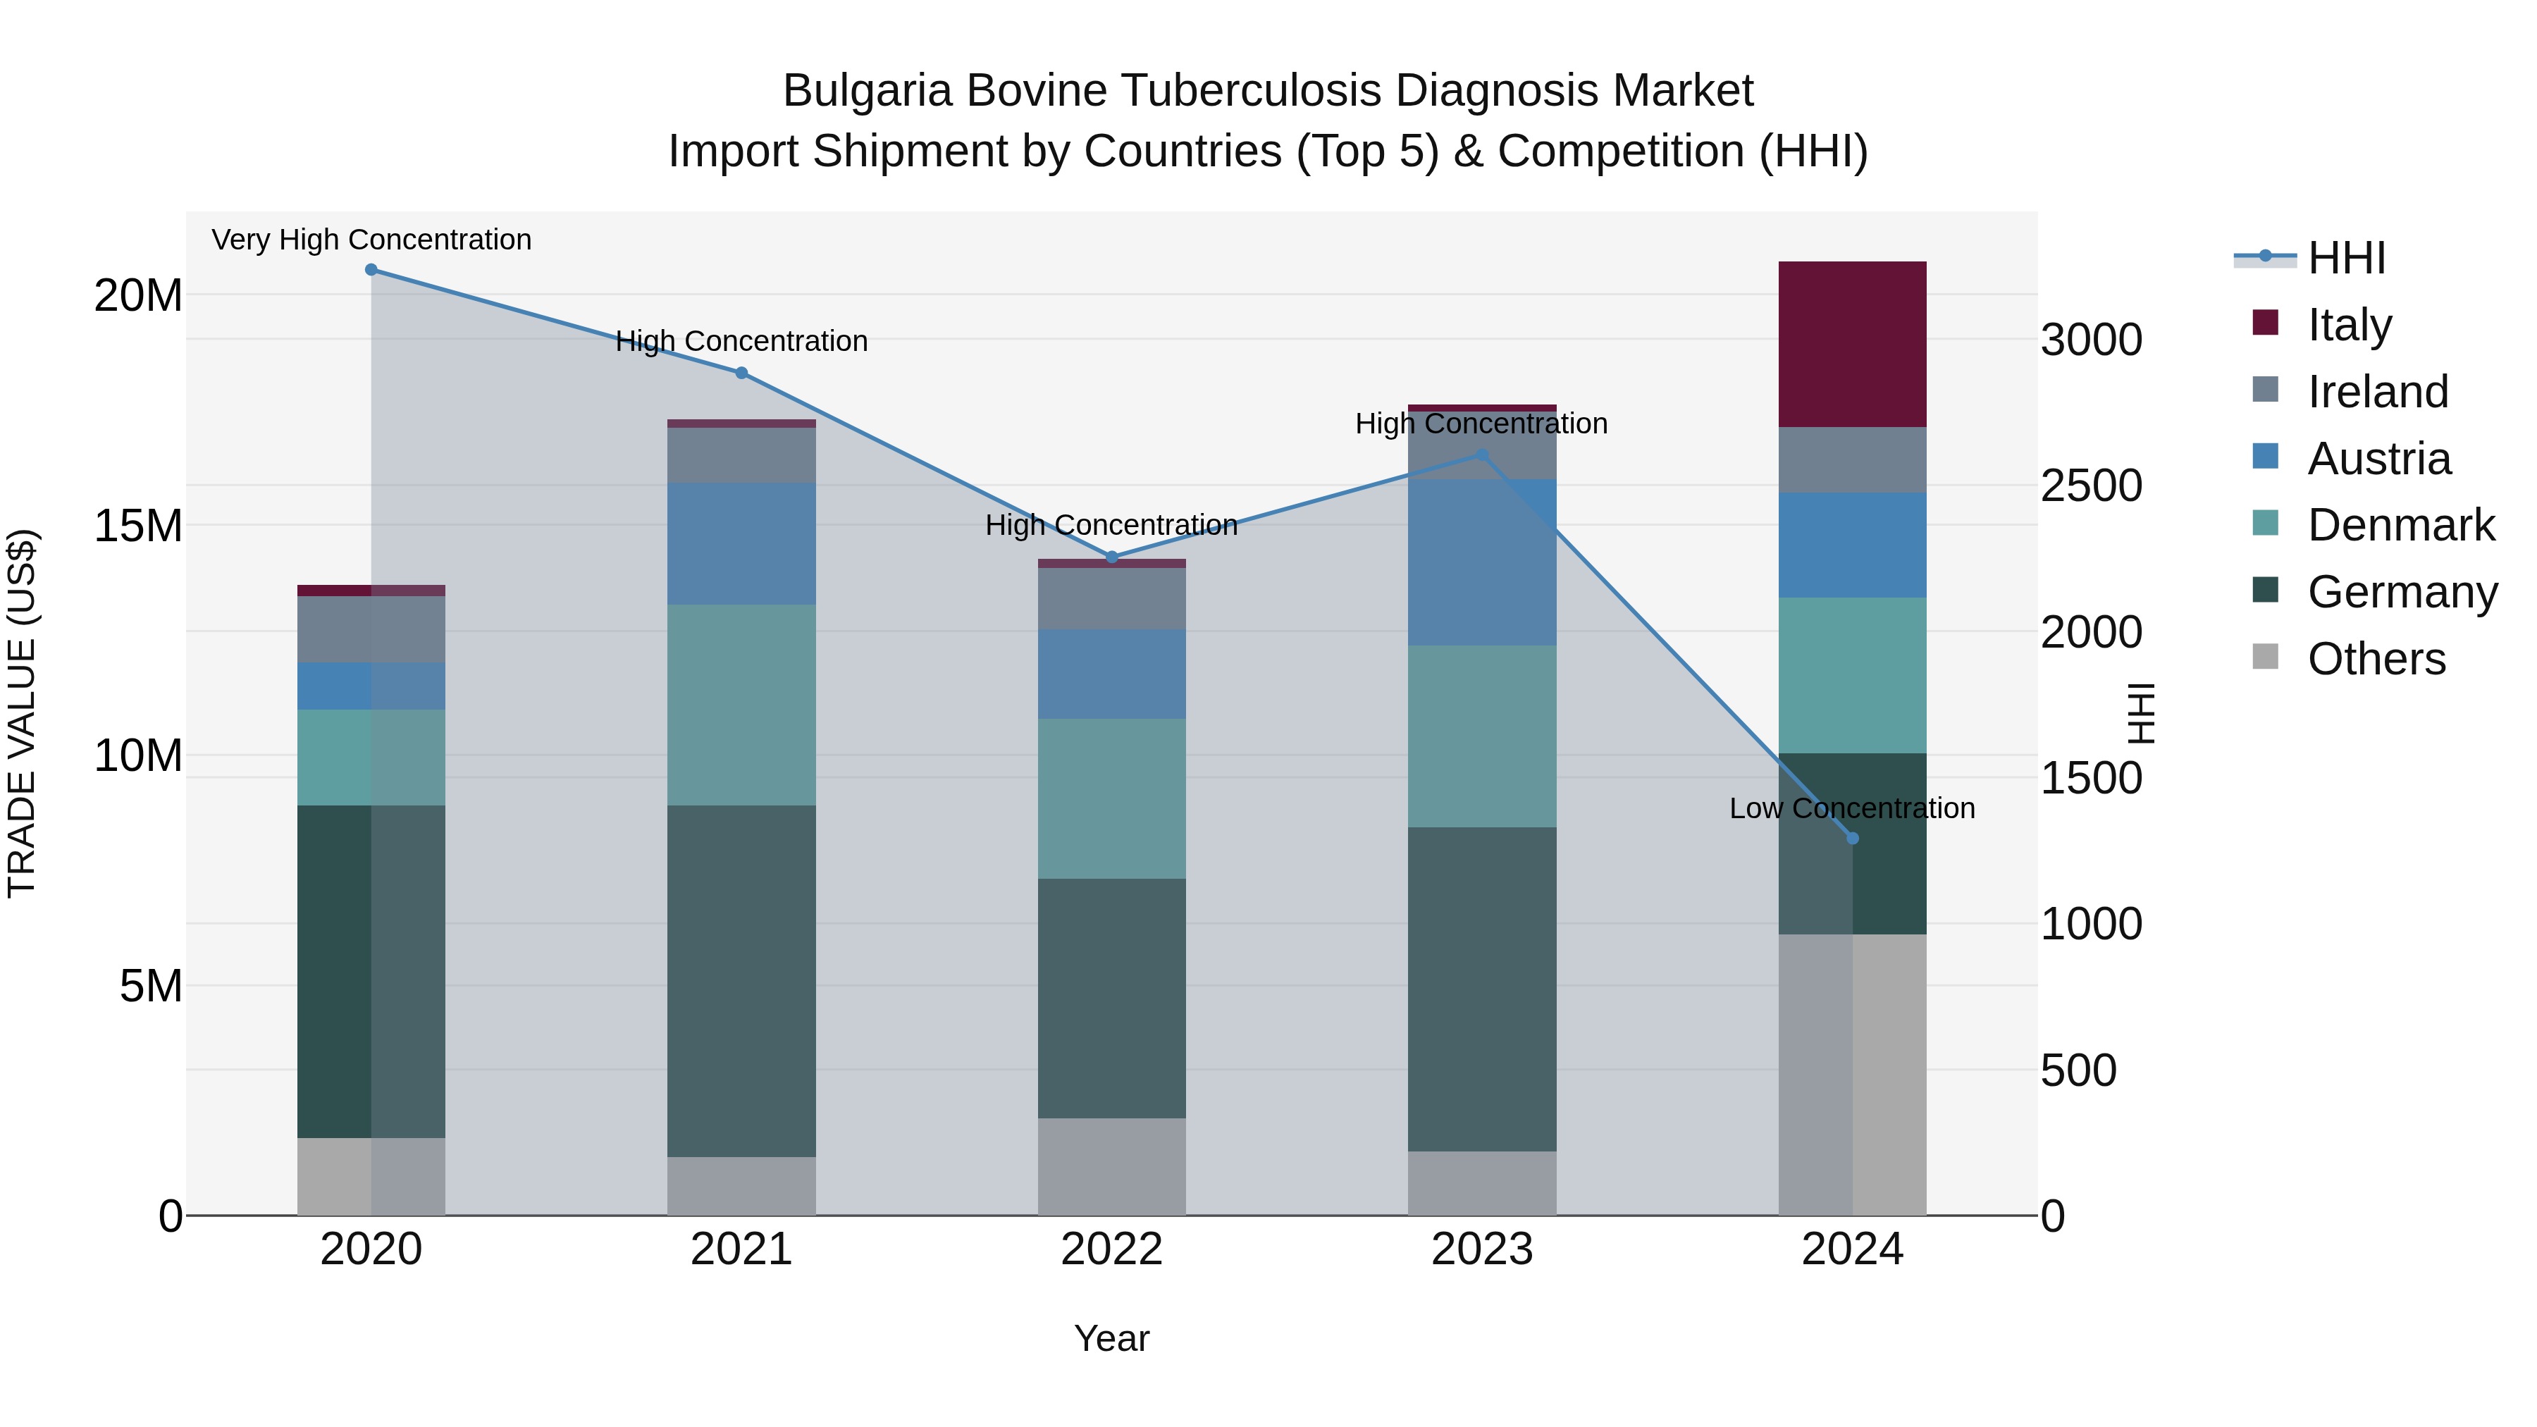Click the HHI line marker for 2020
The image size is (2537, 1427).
[371, 270]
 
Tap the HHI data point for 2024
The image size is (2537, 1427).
[1853, 838]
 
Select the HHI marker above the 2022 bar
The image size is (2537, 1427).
[1112, 557]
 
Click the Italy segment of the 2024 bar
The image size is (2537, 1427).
[1853, 344]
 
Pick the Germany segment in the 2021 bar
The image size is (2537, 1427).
[741, 981]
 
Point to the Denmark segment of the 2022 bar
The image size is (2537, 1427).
[1112, 798]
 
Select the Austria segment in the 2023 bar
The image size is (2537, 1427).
[1482, 562]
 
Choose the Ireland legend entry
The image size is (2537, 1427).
[2376, 392]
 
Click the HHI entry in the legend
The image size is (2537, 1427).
[2346, 258]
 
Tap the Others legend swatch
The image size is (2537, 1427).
[2265, 657]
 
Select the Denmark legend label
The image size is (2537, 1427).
[2401, 525]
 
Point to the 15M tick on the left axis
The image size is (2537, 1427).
[138, 526]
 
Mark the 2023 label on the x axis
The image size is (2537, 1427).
[1482, 1249]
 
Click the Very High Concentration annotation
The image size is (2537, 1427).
[371, 240]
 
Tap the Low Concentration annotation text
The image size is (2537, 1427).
[1851, 808]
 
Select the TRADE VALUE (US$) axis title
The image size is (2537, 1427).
[22, 713]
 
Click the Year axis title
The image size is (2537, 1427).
[1112, 1338]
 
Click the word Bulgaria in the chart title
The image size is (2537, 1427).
[867, 91]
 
